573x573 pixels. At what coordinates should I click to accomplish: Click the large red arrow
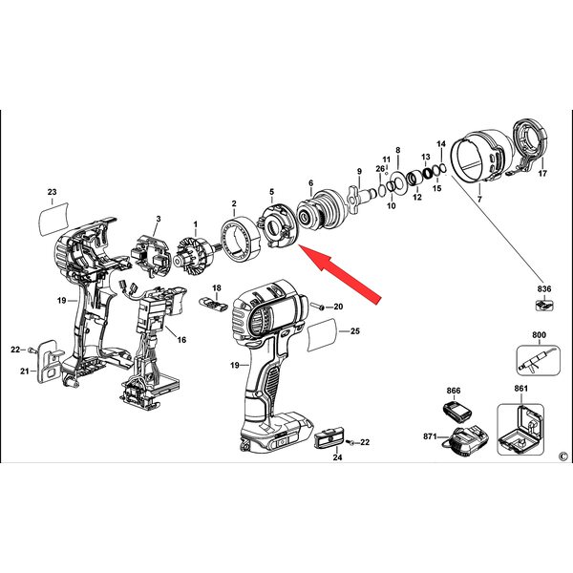click(340, 274)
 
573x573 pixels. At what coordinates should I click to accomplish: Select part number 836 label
click(544, 288)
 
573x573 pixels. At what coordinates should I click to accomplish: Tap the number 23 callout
click(53, 192)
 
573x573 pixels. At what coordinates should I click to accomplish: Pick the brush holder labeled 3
click(151, 255)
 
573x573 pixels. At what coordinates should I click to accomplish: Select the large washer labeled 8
click(398, 182)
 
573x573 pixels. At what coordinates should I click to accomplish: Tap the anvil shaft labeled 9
click(363, 198)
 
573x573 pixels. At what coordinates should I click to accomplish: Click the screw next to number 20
click(317, 307)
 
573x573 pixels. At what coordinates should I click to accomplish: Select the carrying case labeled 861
click(520, 429)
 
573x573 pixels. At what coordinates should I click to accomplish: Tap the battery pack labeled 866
click(456, 411)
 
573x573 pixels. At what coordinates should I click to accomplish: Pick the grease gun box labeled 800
click(539, 360)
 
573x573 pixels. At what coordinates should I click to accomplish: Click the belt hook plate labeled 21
click(49, 361)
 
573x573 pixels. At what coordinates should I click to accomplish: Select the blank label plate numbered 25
click(323, 334)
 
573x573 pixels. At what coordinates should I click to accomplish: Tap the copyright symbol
click(563, 456)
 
